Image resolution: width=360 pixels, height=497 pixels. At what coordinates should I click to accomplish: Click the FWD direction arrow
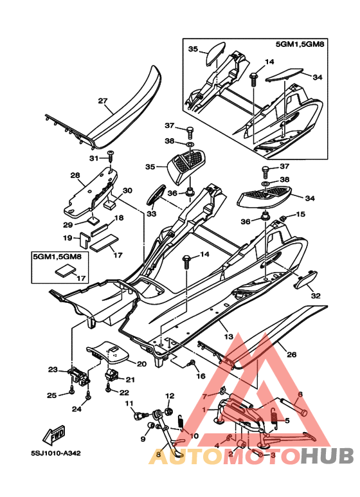click(x=54, y=434)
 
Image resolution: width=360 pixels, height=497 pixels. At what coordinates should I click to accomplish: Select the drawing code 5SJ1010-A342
click(x=56, y=453)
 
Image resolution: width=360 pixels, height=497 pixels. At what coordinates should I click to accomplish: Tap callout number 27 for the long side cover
click(x=103, y=101)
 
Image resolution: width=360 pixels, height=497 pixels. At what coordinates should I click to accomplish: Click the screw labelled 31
click(x=111, y=157)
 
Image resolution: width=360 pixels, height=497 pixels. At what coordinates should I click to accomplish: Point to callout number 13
click(x=228, y=337)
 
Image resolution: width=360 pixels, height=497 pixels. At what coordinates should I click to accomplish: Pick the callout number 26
click(x=292, y=354)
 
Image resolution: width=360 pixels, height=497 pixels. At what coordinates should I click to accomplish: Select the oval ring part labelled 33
click(x=156, y=195)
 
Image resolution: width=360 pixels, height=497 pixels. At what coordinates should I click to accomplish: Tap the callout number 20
click(x=141, y=364)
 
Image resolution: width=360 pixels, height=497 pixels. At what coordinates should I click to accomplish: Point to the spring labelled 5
click(x=275, y=419)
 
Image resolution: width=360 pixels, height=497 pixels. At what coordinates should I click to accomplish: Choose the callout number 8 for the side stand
click(x=158, y=455)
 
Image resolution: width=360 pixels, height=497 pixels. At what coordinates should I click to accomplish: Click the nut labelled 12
click(x=169, y=411)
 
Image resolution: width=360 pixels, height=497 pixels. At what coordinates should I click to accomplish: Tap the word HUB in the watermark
click(x=327, y=456)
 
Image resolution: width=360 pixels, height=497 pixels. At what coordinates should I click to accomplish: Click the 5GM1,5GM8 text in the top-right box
click(x=300, y=44)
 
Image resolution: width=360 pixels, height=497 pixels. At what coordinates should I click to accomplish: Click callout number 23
click(x=53, y=370)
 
